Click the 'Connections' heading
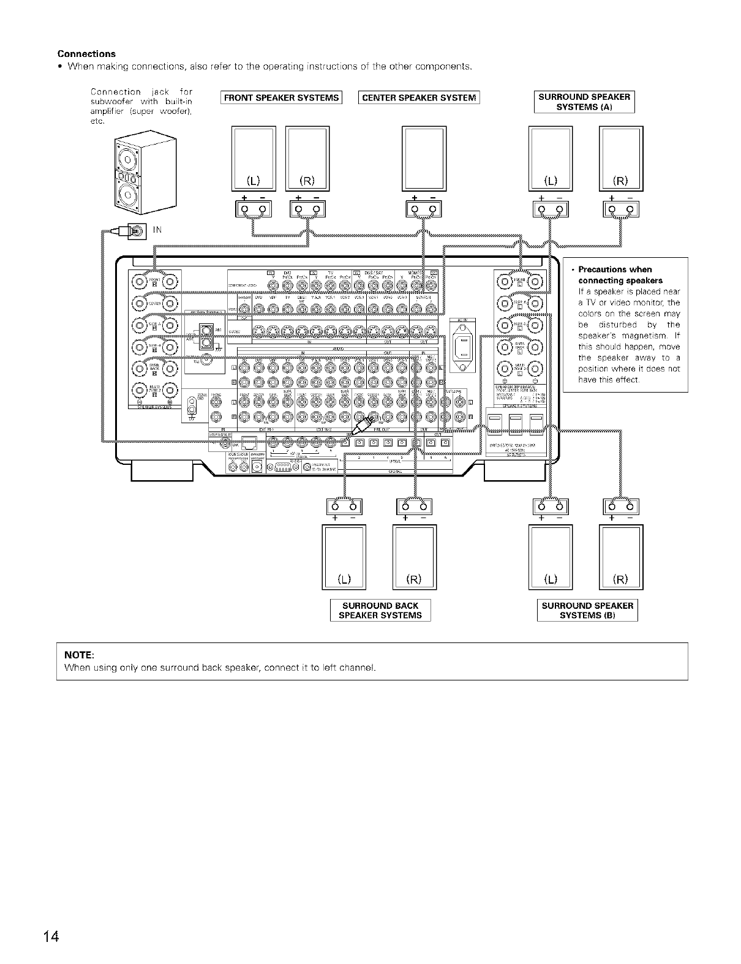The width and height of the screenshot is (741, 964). click(86, 54)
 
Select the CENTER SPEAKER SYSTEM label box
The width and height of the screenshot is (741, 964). click(419, 98)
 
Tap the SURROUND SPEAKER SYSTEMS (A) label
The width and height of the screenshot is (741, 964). click(584, 102)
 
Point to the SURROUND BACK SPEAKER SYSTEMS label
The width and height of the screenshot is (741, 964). click(380, 611)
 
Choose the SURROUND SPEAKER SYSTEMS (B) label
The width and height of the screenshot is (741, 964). click(587, 611)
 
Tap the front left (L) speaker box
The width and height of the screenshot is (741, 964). click(254, 158)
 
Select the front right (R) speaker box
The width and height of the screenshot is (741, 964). click(307, 158)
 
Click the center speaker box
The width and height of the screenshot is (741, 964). click(424, 158)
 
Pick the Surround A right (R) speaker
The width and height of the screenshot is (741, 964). click(621, 158)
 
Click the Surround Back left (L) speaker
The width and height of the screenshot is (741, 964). click(344, 557)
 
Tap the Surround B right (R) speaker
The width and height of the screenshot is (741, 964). click(621, 557)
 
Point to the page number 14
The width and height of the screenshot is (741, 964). click(51, 937)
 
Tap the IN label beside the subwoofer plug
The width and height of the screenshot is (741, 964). click(157, 230)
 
